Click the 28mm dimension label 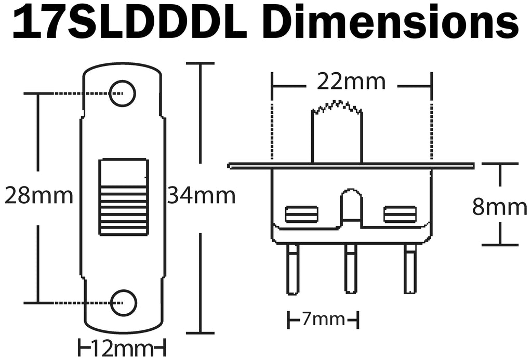pos(38,196)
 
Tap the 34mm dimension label pos(201,196)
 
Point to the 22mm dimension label pos(351,82)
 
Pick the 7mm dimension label pos(323,319)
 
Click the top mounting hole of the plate pos(123,93)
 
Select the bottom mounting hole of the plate pos(124,302)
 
